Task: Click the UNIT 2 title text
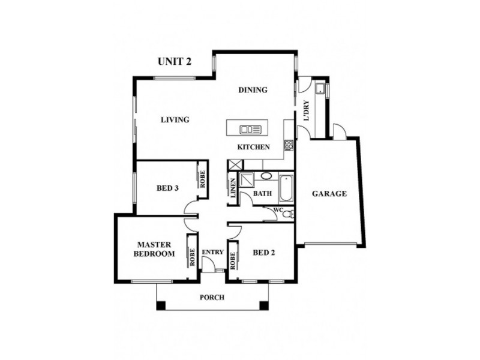coord(174,61)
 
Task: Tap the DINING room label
coord(253,91)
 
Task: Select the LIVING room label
coord(175,120)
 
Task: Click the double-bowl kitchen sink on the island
coord(247,129)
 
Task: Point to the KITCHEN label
coord(253,148)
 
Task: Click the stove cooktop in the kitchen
coord(289,145)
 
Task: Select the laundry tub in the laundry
coord(322,90)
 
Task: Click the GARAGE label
coord(329,194)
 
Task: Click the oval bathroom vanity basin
coord(265,177)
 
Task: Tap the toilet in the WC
coord(287,214)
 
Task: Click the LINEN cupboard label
coord(233,189)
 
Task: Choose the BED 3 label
coord(167,188)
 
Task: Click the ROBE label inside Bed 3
coord(202,180)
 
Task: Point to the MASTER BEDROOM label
coord(155,249)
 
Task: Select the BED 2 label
coord(263,253)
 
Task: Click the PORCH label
coord(212,298)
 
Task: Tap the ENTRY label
coord(212,252)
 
